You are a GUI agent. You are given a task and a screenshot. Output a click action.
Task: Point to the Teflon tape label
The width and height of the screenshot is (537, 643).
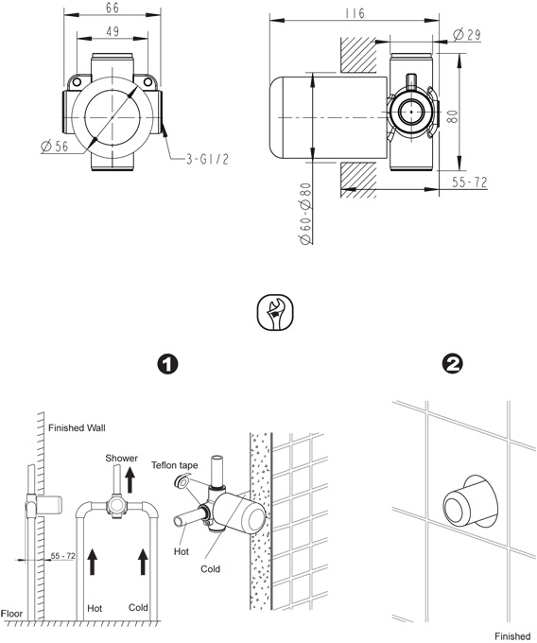point(177,465)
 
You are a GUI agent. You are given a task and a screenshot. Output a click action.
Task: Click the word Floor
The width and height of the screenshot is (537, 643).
point(13,612)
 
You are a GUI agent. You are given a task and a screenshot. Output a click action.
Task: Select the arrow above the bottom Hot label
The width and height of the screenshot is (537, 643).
point(93,560)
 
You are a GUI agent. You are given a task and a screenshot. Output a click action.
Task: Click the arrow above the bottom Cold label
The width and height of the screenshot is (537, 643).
point(142,560)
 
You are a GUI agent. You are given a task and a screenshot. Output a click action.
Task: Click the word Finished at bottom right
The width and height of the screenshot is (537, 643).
point(512,635)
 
